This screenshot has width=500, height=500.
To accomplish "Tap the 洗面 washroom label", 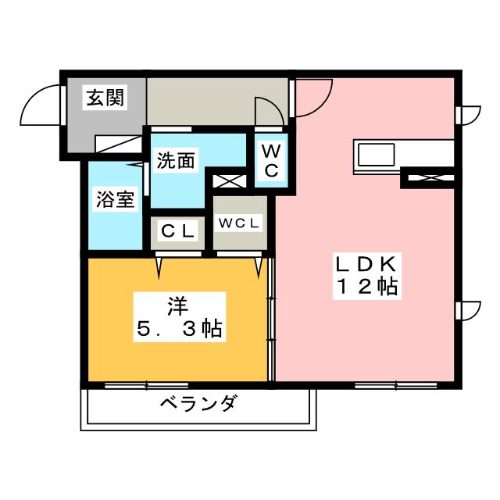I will [176, 160].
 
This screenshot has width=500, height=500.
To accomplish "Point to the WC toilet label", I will [269, 159].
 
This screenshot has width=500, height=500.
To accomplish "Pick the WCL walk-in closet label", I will [239, 223].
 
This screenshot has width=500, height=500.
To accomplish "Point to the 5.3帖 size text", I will [180, 328].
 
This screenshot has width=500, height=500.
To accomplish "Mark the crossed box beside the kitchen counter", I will [427, 178].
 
